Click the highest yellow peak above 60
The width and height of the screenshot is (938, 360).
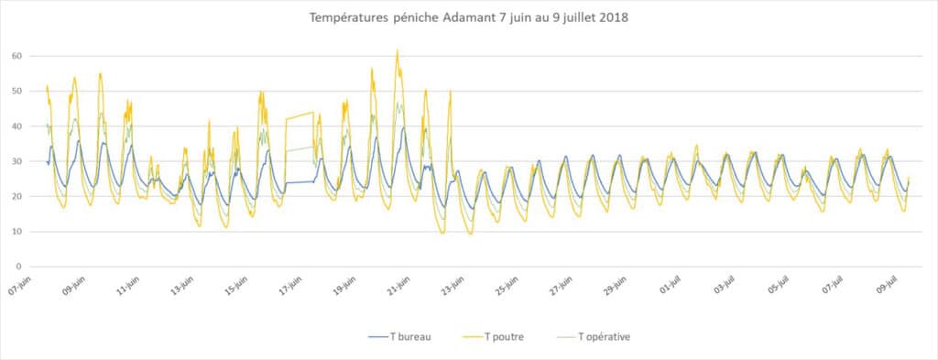[x=398, y=50]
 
